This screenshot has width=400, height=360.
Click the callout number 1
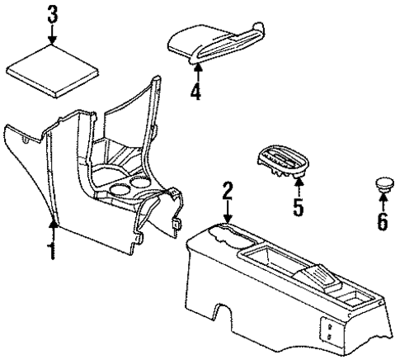(53, 250)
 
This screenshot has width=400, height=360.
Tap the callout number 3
(53, 14)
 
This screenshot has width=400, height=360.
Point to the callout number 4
(195, 92)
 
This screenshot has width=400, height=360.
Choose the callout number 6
(382, 221)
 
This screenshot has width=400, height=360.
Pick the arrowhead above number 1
(53, 221)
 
